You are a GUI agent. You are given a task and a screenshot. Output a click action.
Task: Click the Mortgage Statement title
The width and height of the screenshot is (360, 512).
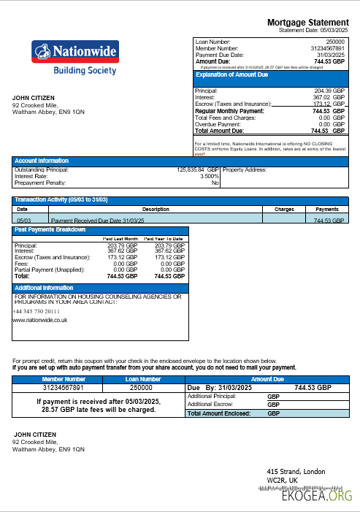(308, 23)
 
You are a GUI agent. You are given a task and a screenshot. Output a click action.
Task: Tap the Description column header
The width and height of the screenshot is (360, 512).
(155, 209)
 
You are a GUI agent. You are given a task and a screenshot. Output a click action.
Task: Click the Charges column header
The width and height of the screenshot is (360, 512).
(284, 209)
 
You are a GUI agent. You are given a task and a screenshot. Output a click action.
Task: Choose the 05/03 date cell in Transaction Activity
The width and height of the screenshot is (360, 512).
(23, 219)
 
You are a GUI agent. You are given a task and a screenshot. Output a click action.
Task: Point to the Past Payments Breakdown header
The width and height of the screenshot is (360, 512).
(50, 230)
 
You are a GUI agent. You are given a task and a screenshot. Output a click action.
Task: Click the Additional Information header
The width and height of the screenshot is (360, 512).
(44, 288)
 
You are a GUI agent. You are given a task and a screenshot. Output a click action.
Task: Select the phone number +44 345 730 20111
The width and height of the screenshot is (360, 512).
(37, 310)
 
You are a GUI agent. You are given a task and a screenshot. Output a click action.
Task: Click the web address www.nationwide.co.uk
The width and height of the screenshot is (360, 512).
(40, 320)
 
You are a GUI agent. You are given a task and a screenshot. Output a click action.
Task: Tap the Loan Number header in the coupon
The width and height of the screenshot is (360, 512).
(142, 379)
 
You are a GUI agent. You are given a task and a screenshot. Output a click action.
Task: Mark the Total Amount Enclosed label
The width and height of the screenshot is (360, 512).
(219, 413)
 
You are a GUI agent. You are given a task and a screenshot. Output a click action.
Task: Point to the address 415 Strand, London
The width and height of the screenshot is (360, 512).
(296, 471)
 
